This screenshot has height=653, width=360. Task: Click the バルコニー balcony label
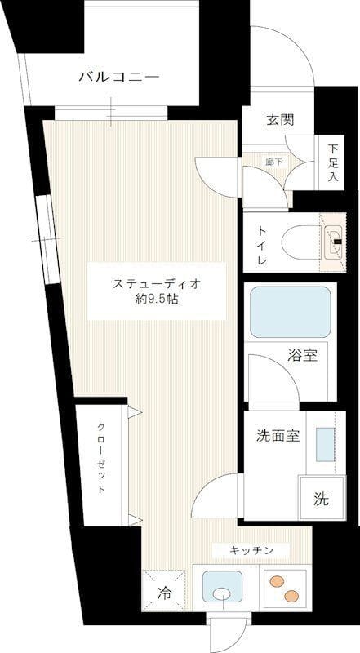click(118, 78)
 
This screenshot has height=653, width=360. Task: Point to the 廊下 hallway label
click(274, 162)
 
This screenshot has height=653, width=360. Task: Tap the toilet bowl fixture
click(299, 242)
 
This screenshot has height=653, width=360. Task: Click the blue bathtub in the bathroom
click(290, 312)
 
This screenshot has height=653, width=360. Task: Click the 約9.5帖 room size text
click(157, 300)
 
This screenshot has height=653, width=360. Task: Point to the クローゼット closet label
click(100, 460)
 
